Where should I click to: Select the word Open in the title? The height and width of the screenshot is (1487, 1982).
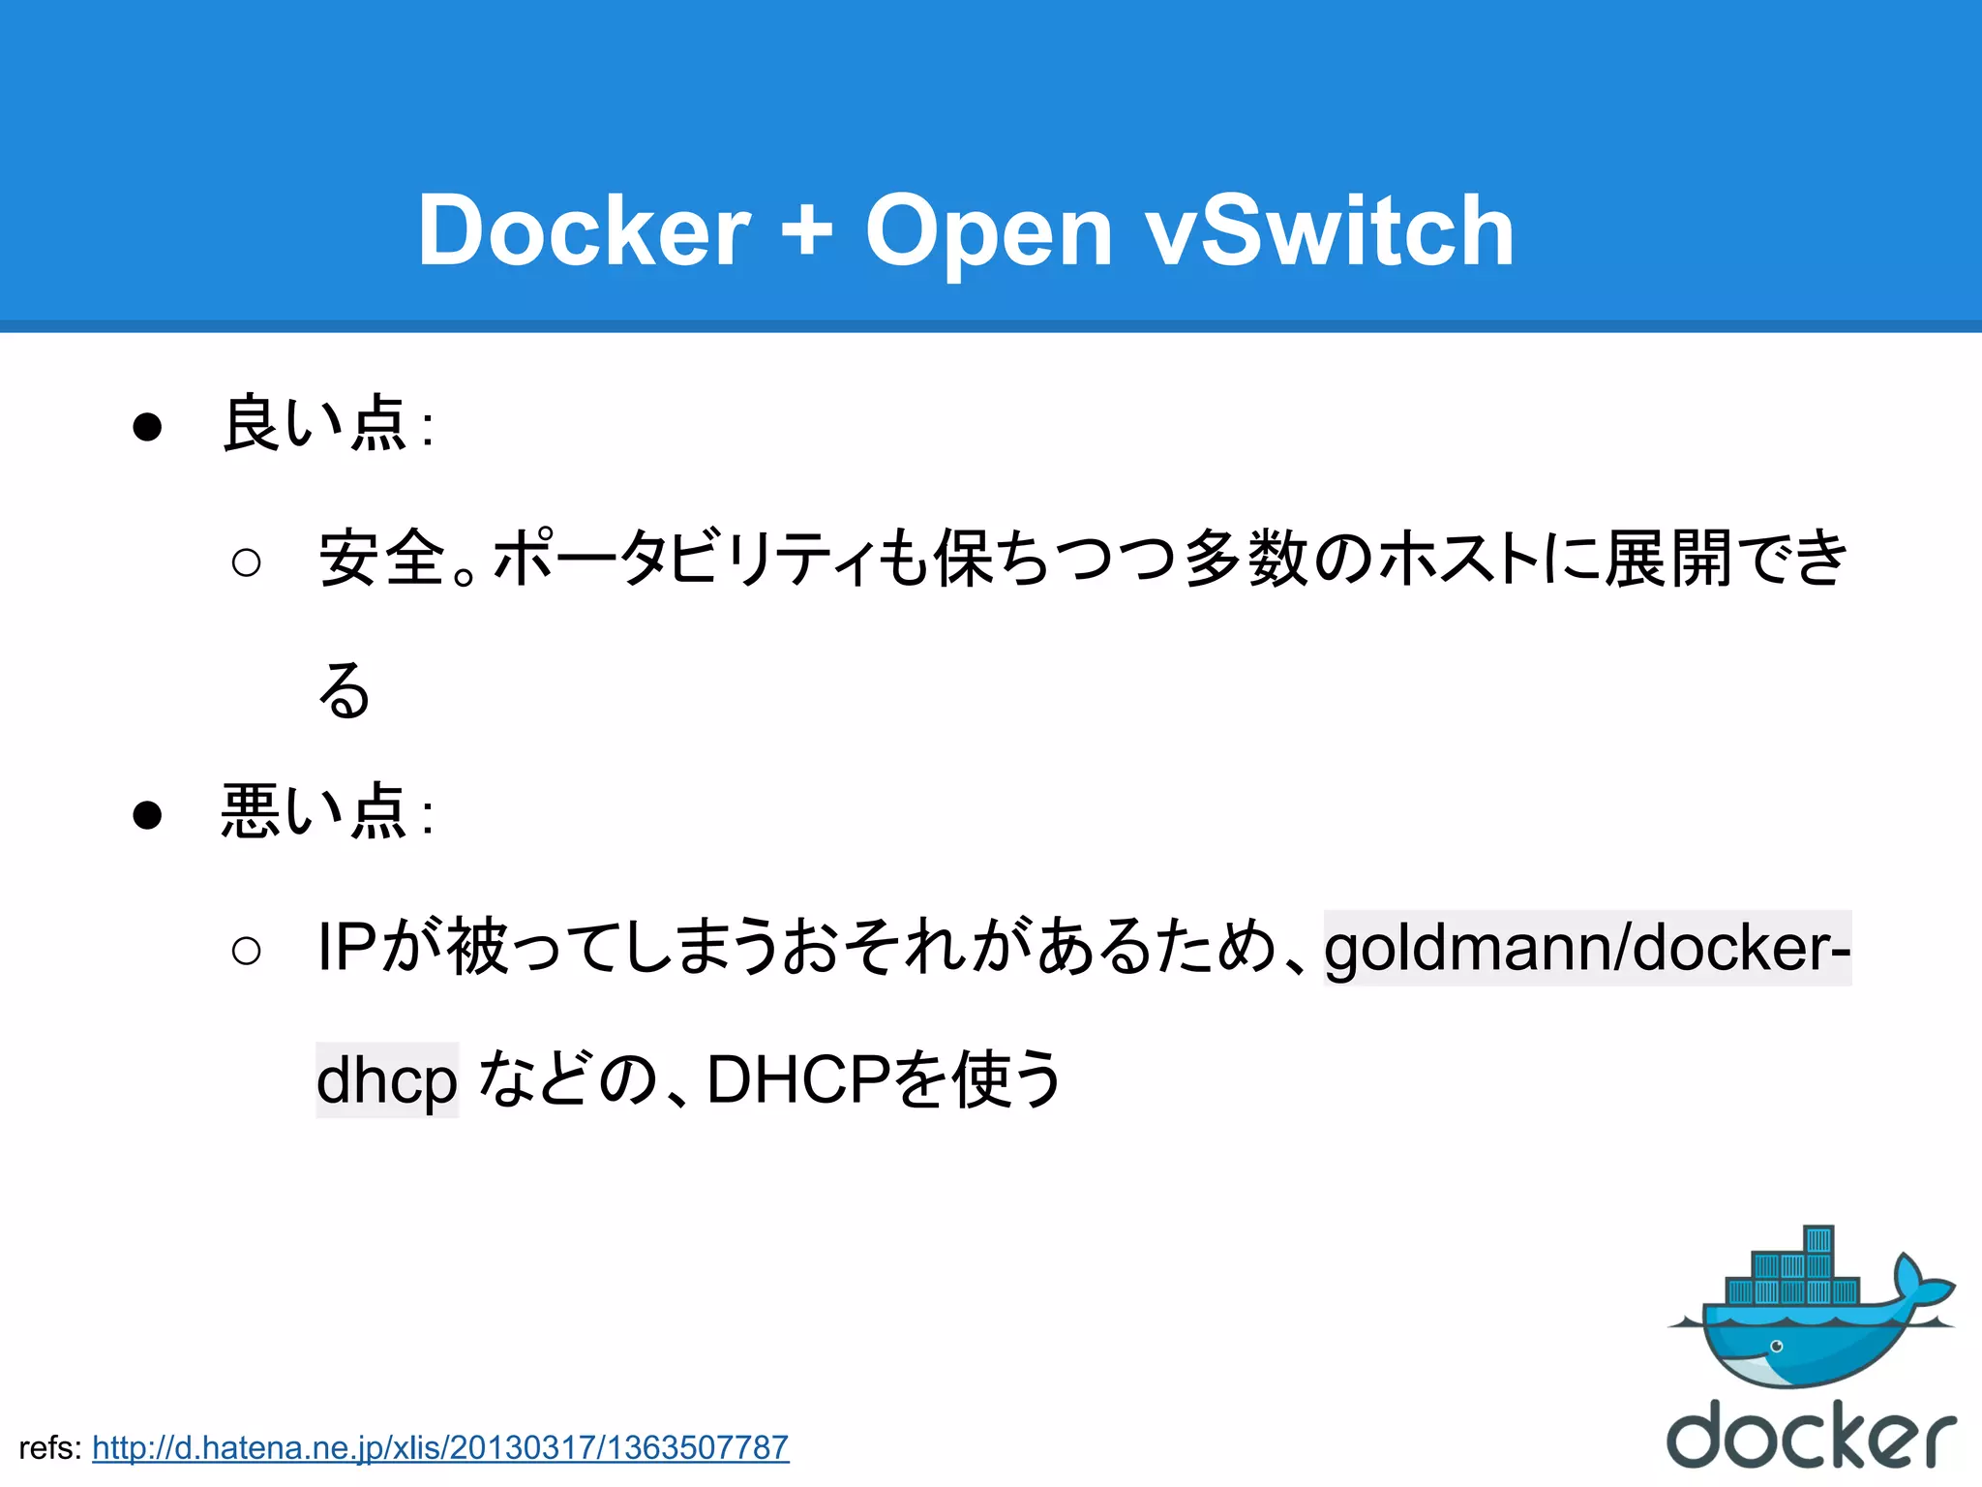988,232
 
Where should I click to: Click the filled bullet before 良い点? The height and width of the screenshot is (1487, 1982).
147,427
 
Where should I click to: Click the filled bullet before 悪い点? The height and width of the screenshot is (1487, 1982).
147,815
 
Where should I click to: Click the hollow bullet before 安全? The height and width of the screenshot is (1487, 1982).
247,562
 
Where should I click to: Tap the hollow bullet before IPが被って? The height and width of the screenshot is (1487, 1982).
247,951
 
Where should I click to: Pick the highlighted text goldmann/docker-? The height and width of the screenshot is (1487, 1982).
1587,948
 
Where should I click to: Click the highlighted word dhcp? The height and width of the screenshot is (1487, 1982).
387,1080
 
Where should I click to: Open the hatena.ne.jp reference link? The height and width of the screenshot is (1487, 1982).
440,1448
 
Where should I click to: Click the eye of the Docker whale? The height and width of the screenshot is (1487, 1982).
1776,1347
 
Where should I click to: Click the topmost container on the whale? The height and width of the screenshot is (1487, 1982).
1818,1240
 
